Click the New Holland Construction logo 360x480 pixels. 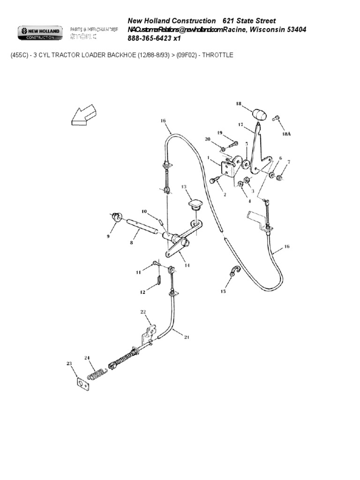click(39, 33)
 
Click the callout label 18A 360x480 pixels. click(286, 134)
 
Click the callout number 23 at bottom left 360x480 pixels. click(69, 363)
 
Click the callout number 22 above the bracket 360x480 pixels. click(143, 311)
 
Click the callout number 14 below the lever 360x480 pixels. click(187, 266)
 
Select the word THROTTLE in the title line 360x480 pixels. click(217, 55)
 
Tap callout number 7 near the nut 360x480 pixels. click(289, 162)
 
